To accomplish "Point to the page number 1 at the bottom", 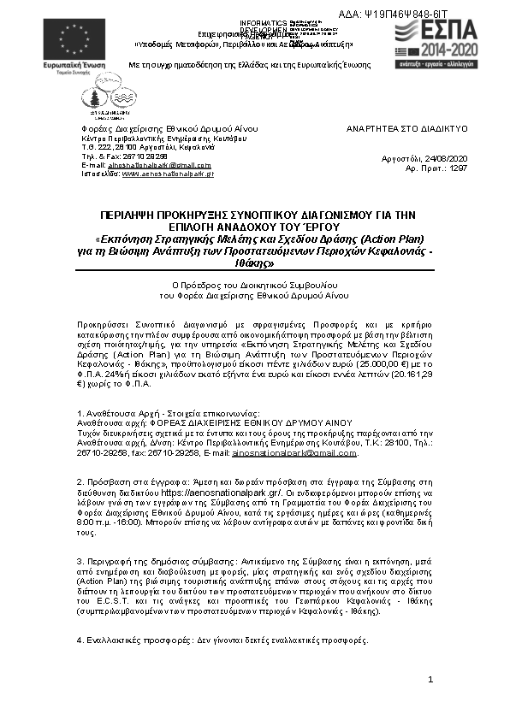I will tap(431, 680).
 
